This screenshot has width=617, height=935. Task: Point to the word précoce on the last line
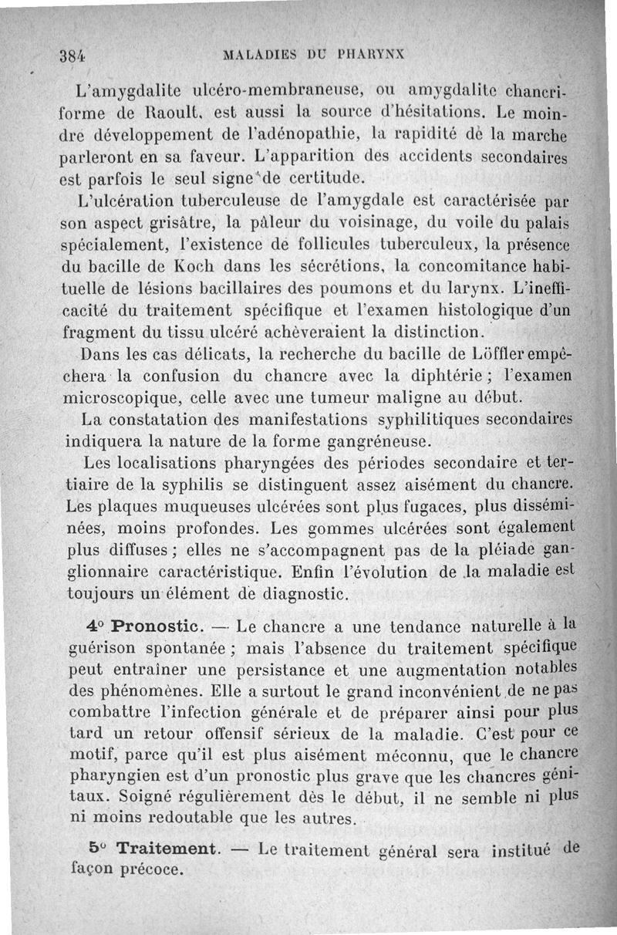[153, 869]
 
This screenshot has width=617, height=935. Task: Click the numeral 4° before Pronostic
[95, 623]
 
